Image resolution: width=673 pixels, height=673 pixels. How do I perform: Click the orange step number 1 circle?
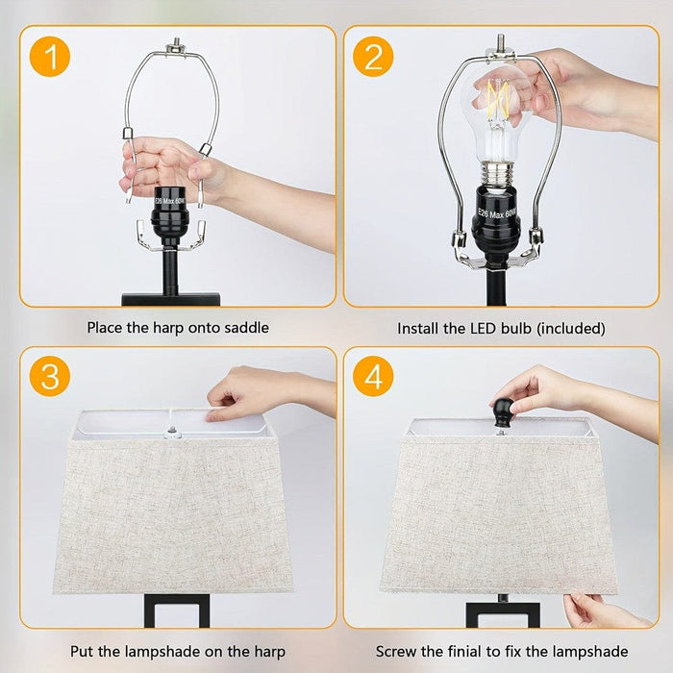pyautogui.click(x=50, y=57)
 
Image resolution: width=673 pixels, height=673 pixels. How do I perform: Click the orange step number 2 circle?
pyautogui.click(x=373, y=57)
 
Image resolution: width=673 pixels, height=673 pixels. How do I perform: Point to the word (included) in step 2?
pyautogui.click(x=571, y=329)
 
